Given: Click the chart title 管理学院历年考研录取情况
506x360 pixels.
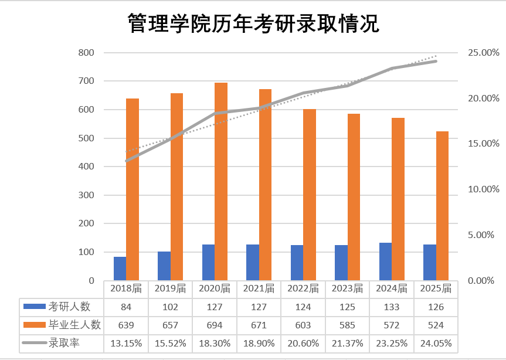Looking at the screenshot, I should (253, 25).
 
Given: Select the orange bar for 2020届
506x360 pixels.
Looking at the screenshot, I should (221, 182).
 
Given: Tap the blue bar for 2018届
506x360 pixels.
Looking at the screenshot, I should (120, 269).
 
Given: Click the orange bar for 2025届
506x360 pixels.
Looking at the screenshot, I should (442, 206).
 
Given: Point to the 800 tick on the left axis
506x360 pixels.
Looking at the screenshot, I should (86, 53).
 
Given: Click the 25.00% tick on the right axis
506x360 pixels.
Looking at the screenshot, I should (483, 53).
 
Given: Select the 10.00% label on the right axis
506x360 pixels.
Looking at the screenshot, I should (483, 189).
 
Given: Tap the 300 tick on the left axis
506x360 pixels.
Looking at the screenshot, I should (86, 195).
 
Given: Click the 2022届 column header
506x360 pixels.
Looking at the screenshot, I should (303, 288).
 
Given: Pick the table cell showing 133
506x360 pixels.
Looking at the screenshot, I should (391, 307).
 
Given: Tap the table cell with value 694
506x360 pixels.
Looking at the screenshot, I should (215, 325).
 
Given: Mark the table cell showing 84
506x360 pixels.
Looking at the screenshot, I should (126, 307).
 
